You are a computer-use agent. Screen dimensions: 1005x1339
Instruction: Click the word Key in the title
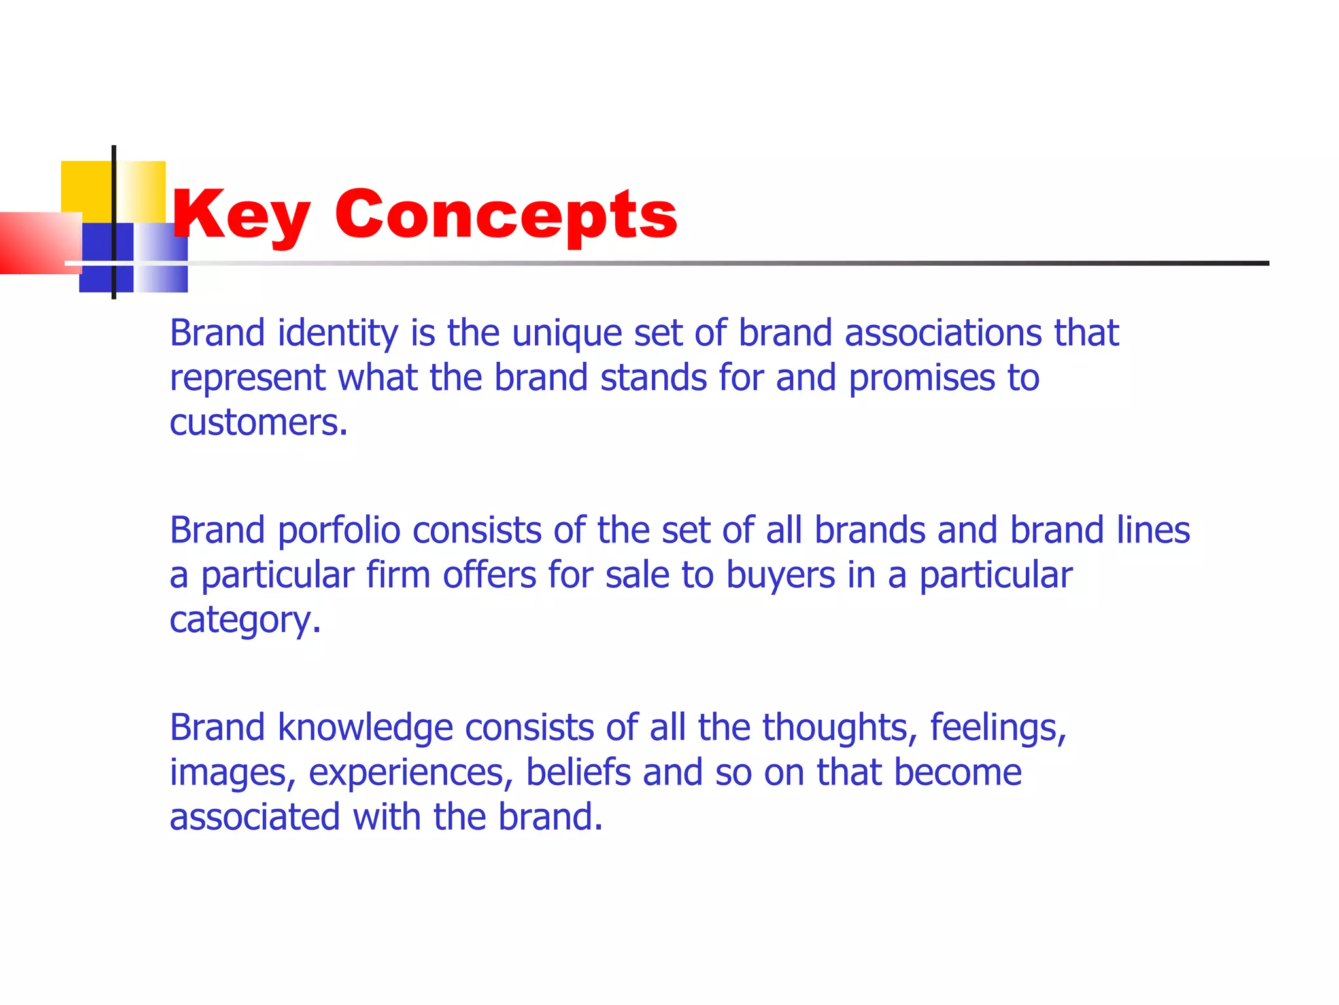(x=241, y=215)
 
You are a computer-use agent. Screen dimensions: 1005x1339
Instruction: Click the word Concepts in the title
(x=506, y=215)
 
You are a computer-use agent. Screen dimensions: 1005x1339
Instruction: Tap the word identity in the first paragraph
(x=337, y=334)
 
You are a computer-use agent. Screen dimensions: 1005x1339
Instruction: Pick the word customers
(x=258, y=423)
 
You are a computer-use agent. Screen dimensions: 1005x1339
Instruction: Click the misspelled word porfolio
(x=339, y=530)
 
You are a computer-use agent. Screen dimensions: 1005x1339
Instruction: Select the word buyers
(x=781, y=575)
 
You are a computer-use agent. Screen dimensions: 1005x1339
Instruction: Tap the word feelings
(x=998, y=728)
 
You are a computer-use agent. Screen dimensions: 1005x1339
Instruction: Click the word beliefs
(x=578, y=772)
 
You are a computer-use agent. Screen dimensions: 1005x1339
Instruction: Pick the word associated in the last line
(x=255, y=817)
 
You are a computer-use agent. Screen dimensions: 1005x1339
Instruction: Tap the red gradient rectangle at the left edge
(x=36, y=242)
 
